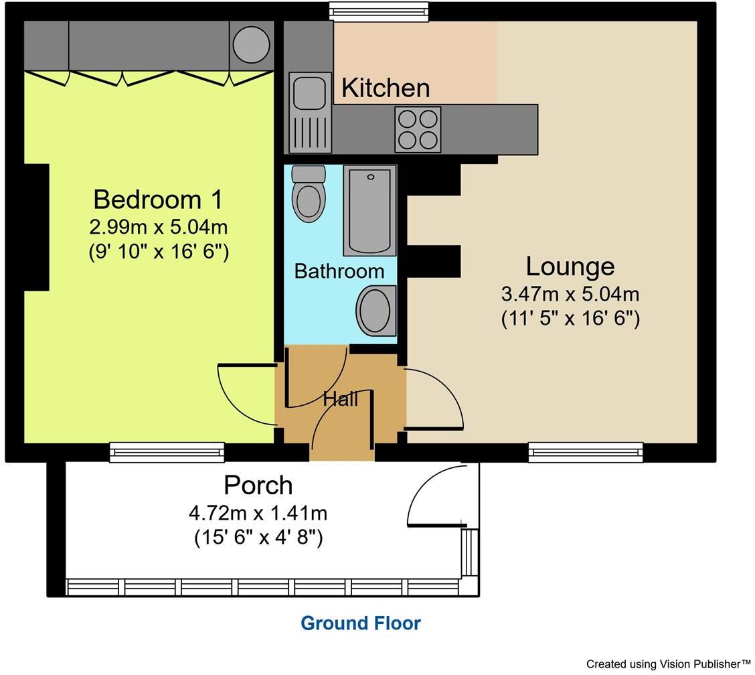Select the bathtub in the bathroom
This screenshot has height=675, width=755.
(369, 211)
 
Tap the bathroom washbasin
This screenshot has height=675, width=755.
(376, 311)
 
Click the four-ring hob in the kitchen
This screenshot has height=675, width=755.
(418, 129)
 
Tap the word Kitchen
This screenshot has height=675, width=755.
(385, 88)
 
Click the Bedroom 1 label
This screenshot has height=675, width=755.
(158, 200)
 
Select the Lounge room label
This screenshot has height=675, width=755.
(570, 266)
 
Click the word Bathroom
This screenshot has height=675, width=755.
(339, 271)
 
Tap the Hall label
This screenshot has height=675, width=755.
(341, 399)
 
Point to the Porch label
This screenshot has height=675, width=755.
(258, 485)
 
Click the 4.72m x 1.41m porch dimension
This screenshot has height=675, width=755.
(258, 514)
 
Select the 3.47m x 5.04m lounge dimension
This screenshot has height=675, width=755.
(570, 294)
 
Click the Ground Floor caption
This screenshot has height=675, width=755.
(361, 623)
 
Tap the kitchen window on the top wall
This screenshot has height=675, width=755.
(379, 11)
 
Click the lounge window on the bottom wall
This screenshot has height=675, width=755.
(586, 453)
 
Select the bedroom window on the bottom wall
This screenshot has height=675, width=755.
(167, 453)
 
